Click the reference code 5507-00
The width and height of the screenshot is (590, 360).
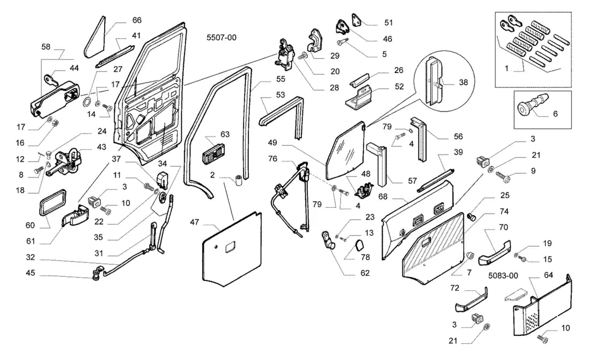(221, 38)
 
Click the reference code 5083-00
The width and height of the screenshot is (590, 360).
(503, 276)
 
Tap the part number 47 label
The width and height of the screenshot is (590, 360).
(194, 222)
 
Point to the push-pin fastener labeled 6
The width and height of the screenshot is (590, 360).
(532, 106)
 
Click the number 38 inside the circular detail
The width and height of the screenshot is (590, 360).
(463, 82)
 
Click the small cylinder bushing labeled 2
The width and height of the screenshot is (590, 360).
(238, 180)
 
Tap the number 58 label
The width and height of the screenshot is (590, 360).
(46, 47)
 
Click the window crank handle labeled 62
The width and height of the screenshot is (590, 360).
(327, 240)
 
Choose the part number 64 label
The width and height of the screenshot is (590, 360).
(549, 275)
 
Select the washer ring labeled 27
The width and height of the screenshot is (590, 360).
(87, 102)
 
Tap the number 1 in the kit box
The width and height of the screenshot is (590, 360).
(506, 68)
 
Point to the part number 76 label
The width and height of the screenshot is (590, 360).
(273, 158)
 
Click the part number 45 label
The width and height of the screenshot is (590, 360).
(30, 273)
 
